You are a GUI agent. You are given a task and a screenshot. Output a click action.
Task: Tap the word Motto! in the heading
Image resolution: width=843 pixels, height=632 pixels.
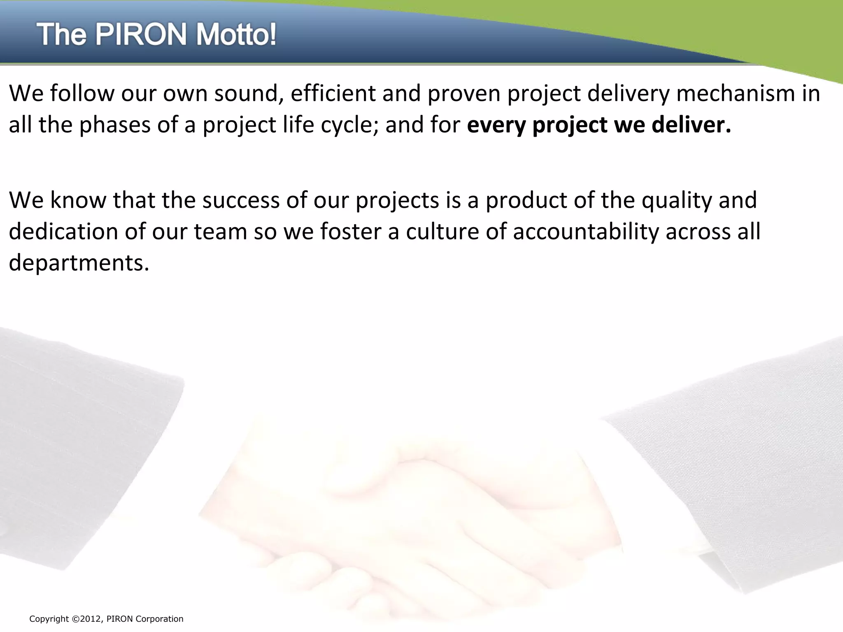pyautogui.click(x=235, y=35)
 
